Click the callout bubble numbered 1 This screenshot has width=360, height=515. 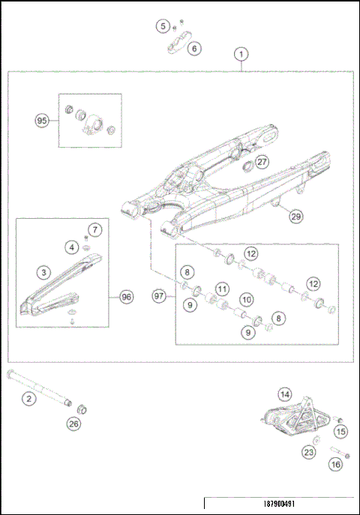pyautogui.click(x=240, y=54)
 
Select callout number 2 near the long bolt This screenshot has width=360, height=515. pyautogui.click(x=28, y=399)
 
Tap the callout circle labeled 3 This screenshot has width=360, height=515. pyautogui.click(x=44, y=272)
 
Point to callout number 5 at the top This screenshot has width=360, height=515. pyautogui.click(x=163, y=26)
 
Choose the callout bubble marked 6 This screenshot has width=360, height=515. pyautogui.click(x=193, y=48)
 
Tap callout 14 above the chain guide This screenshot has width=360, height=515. pyautogui.click(x=284, y=394)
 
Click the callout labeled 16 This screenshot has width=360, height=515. pyautogui.click(x=335, y=465)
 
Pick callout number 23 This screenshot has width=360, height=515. pyautogui.click(x=308, y=452)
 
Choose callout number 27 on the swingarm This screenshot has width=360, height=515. pyautogui.click(x=260, y=161)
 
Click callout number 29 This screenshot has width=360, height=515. pyautogui.click(x=295, y=216)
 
